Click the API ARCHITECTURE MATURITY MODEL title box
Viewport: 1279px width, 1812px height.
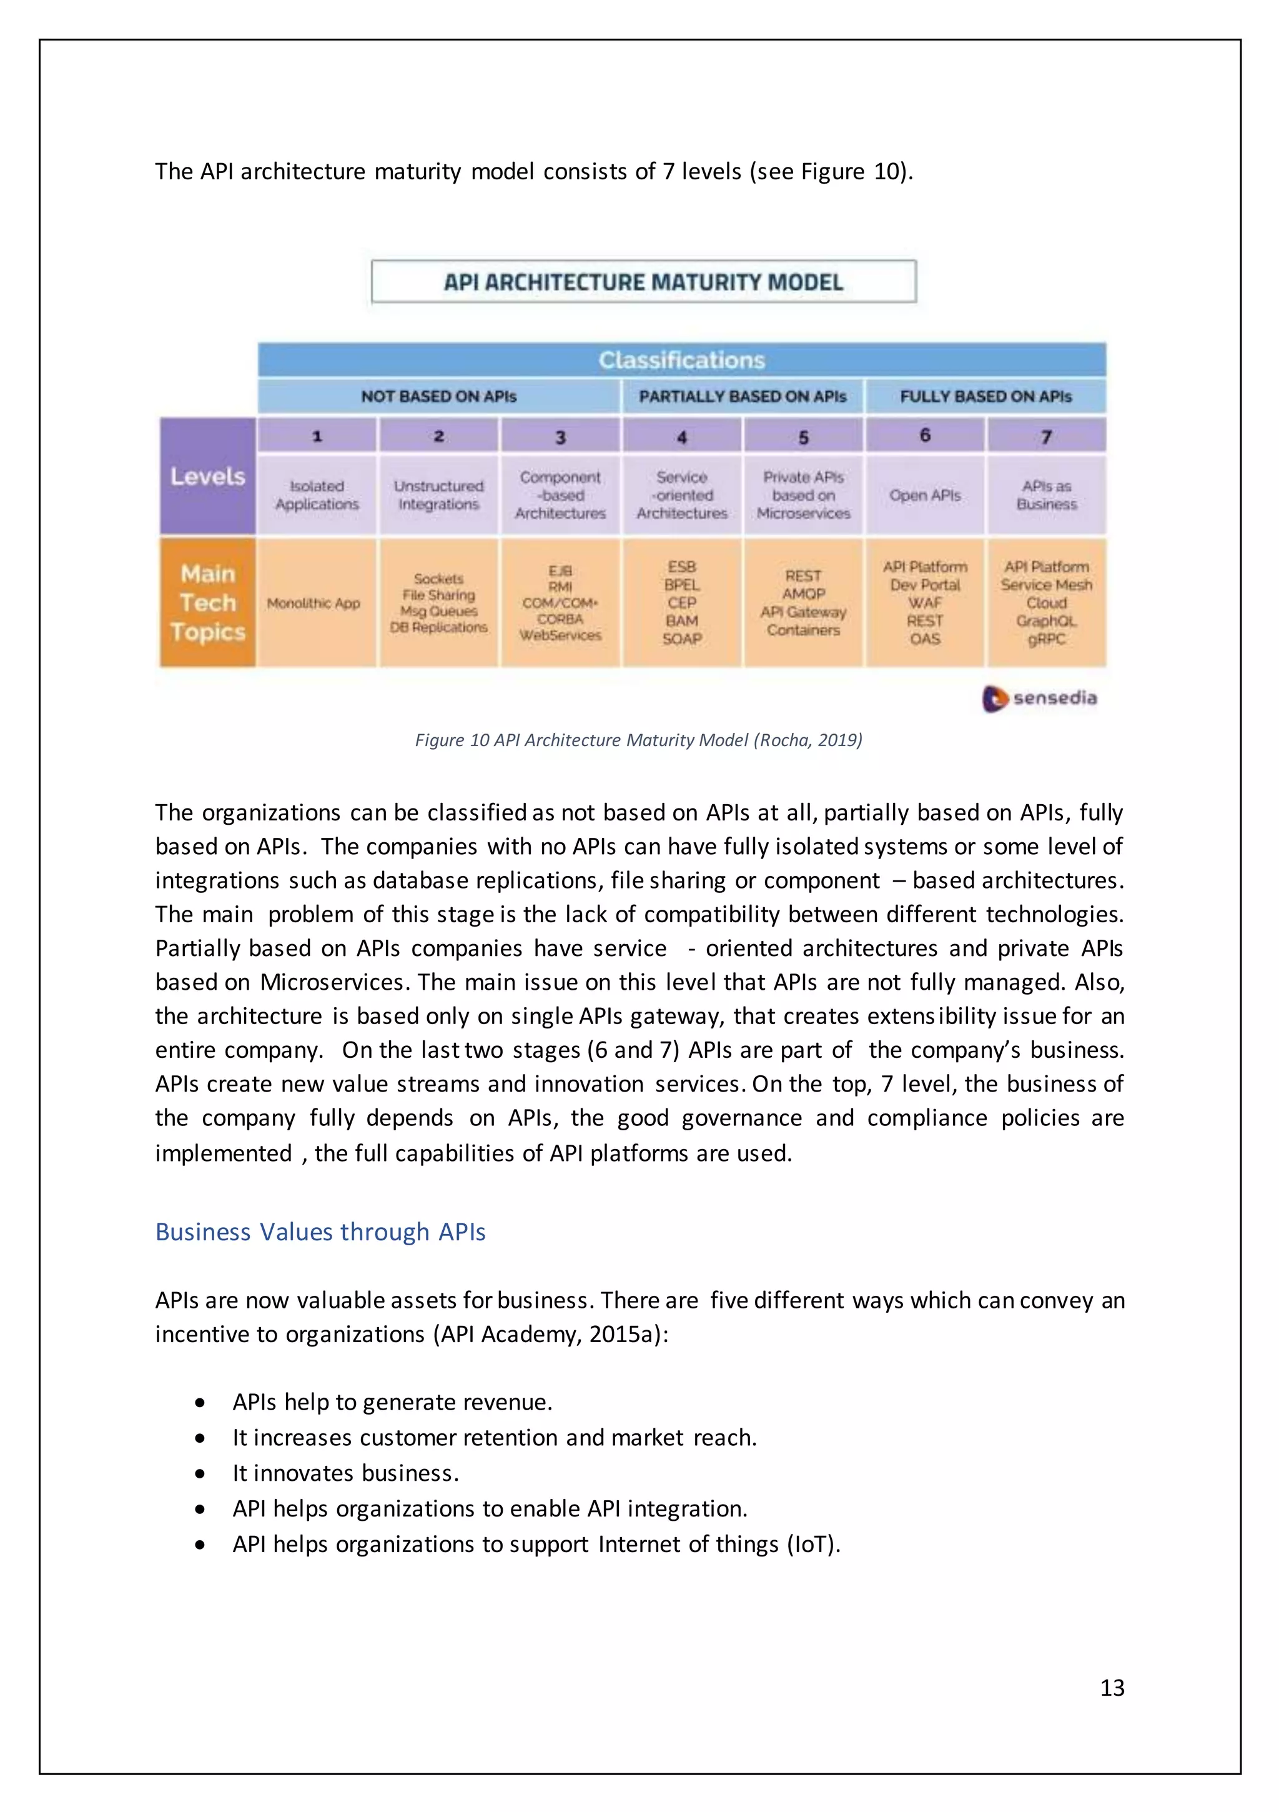pyautogui.click(x=643, y=282)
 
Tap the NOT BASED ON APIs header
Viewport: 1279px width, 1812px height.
pyautogui.click(x=438, y=396)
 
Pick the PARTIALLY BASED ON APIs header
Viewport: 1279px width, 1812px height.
pyautogui.click(x=743, y=396)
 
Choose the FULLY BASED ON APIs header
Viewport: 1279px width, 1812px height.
pyautogui.click(x=985, y=396)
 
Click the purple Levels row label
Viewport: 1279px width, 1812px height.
pyautogui.click(x=207, y=477)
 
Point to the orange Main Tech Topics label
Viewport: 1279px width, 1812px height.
pyautogui.click(x=207, y=602)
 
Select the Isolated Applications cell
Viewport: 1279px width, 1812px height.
pyautogui.click(x=317, y=495)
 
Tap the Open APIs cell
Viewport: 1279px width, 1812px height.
pyautogui.click(x=925, y=495)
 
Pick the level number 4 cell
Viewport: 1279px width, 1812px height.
pyautogui.click(x=682, y=436)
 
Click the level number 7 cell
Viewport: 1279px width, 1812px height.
pyautogui.click(x=1046, y=436)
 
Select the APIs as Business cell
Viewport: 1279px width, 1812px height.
pyautogui.click(x=1046, y=495)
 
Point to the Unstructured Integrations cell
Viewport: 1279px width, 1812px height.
pyautogui.click(x=438, y=495)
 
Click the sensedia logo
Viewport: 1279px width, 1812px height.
pyautogui.click(x=1039, y=698)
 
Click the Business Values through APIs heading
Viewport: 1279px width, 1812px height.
pyautogui.click(x=320, y=1232)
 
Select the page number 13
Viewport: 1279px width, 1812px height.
pyautogui.click(x=1112, y=1687)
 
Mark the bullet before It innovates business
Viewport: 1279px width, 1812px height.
pyautogui.click(x=200, y=1473)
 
